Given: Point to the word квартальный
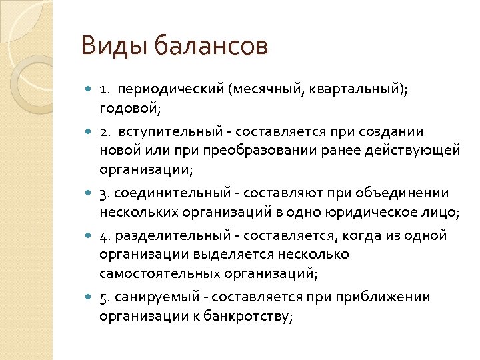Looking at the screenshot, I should click(357, 89).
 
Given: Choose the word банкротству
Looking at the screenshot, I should click(251, 316).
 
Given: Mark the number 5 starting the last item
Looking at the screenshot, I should click(103, 298).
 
